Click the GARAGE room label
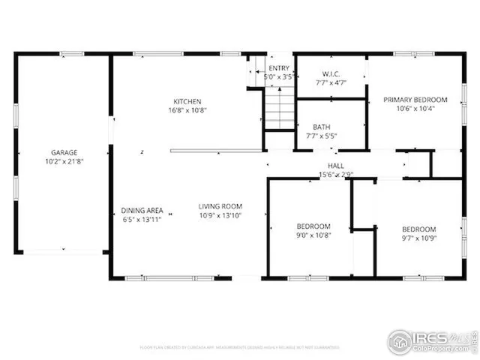tap(64, 152)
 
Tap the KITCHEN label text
tap(187, 101)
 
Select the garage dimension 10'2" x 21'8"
tap(64, 160)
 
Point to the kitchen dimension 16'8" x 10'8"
tap(187, 109)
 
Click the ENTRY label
tap(278, 68)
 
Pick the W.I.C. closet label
tap(331, 73)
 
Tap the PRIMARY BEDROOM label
tap(415, 100)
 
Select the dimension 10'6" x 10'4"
tap(415, 108)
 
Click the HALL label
tap(335, 166)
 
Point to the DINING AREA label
tap(142, 211)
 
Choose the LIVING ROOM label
tap(220, 206)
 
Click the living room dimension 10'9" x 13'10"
tap(220, 215)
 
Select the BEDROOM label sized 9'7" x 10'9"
tap(418, 229)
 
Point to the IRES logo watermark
tap(432, 340)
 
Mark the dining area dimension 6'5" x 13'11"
tap(142, 219)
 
